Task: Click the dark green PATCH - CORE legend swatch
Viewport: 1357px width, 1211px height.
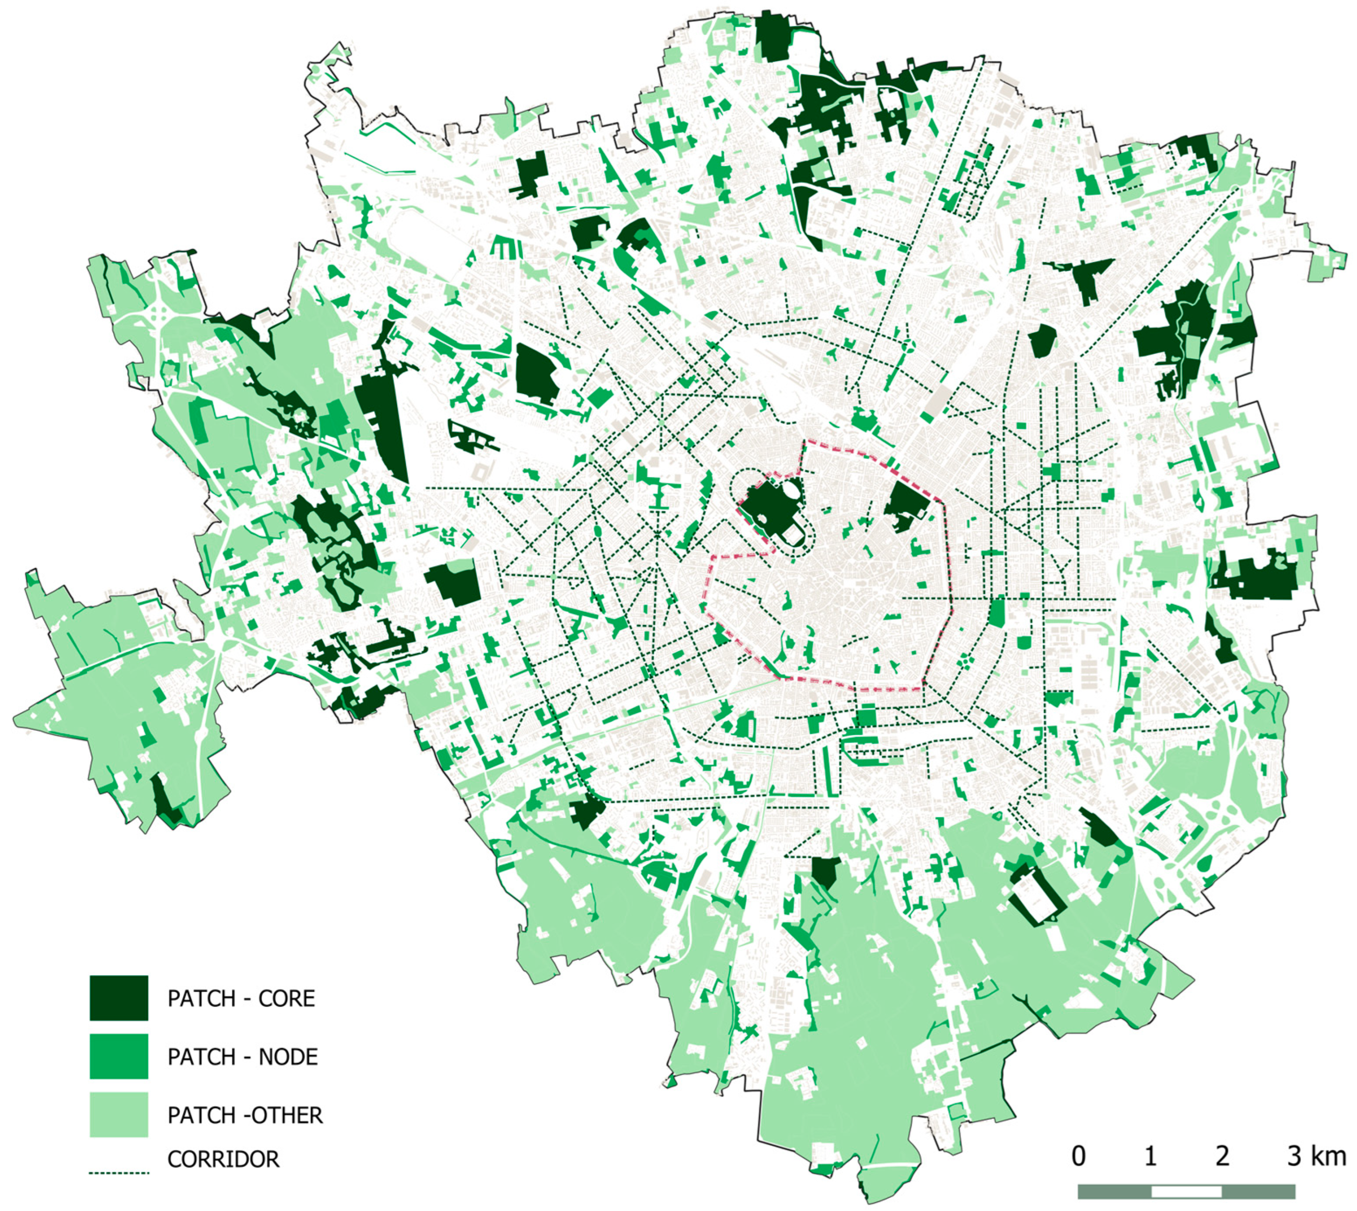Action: pyautogui.click(x=118, y=997)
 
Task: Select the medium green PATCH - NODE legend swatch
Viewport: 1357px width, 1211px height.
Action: pyautogui.click(x=118, y=1056)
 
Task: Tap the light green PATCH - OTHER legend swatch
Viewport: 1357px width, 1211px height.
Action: pyautogui.click(x=118, y=1114)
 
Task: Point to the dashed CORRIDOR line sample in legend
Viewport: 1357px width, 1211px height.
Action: pyautogui.click(x=118, y=1173)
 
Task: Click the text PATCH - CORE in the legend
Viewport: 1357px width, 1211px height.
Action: pyautogui.click(x=241, y=998)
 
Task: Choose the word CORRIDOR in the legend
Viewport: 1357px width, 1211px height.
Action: pyautogui.click(x=224, y=1159)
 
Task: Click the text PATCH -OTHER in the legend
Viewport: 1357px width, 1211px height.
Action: pyautogui.click(x=245, y=1114)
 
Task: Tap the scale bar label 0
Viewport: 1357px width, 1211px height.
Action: pyautogui.click(x=1078, y=1156)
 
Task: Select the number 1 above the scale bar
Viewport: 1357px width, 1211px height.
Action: pyautogui.click(x=1150, y=1156)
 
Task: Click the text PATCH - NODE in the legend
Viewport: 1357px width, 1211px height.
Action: pyautogui.click(x=242, y=1057)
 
